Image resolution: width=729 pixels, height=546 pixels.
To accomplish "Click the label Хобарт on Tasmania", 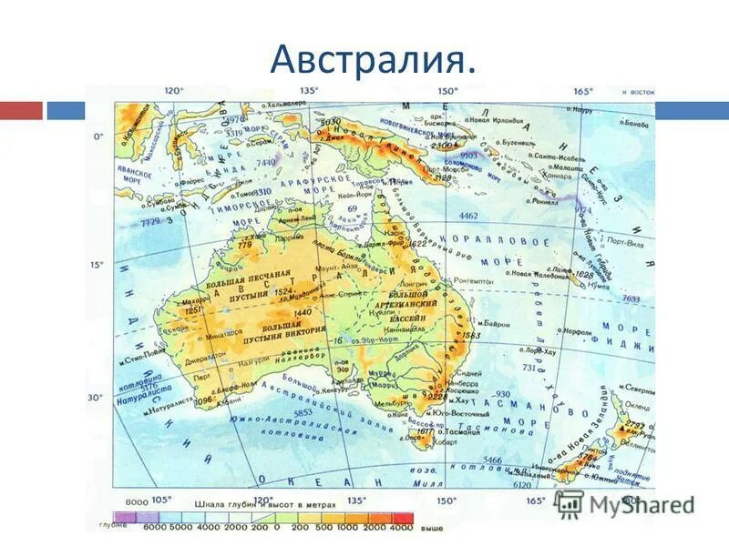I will pyautogui.click(x=444, y=444).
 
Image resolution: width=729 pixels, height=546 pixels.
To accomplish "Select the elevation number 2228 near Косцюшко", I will pyautogui.click(x=439, y=396).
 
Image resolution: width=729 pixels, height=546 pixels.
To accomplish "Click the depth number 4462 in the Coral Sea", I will pyautogui.click(x=467, y=216).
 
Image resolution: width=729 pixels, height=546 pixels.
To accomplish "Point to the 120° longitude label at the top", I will pyautogui.click(x=173, y=90).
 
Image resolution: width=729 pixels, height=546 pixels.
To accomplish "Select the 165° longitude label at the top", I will pyautogui.click(x=583, y=90).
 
